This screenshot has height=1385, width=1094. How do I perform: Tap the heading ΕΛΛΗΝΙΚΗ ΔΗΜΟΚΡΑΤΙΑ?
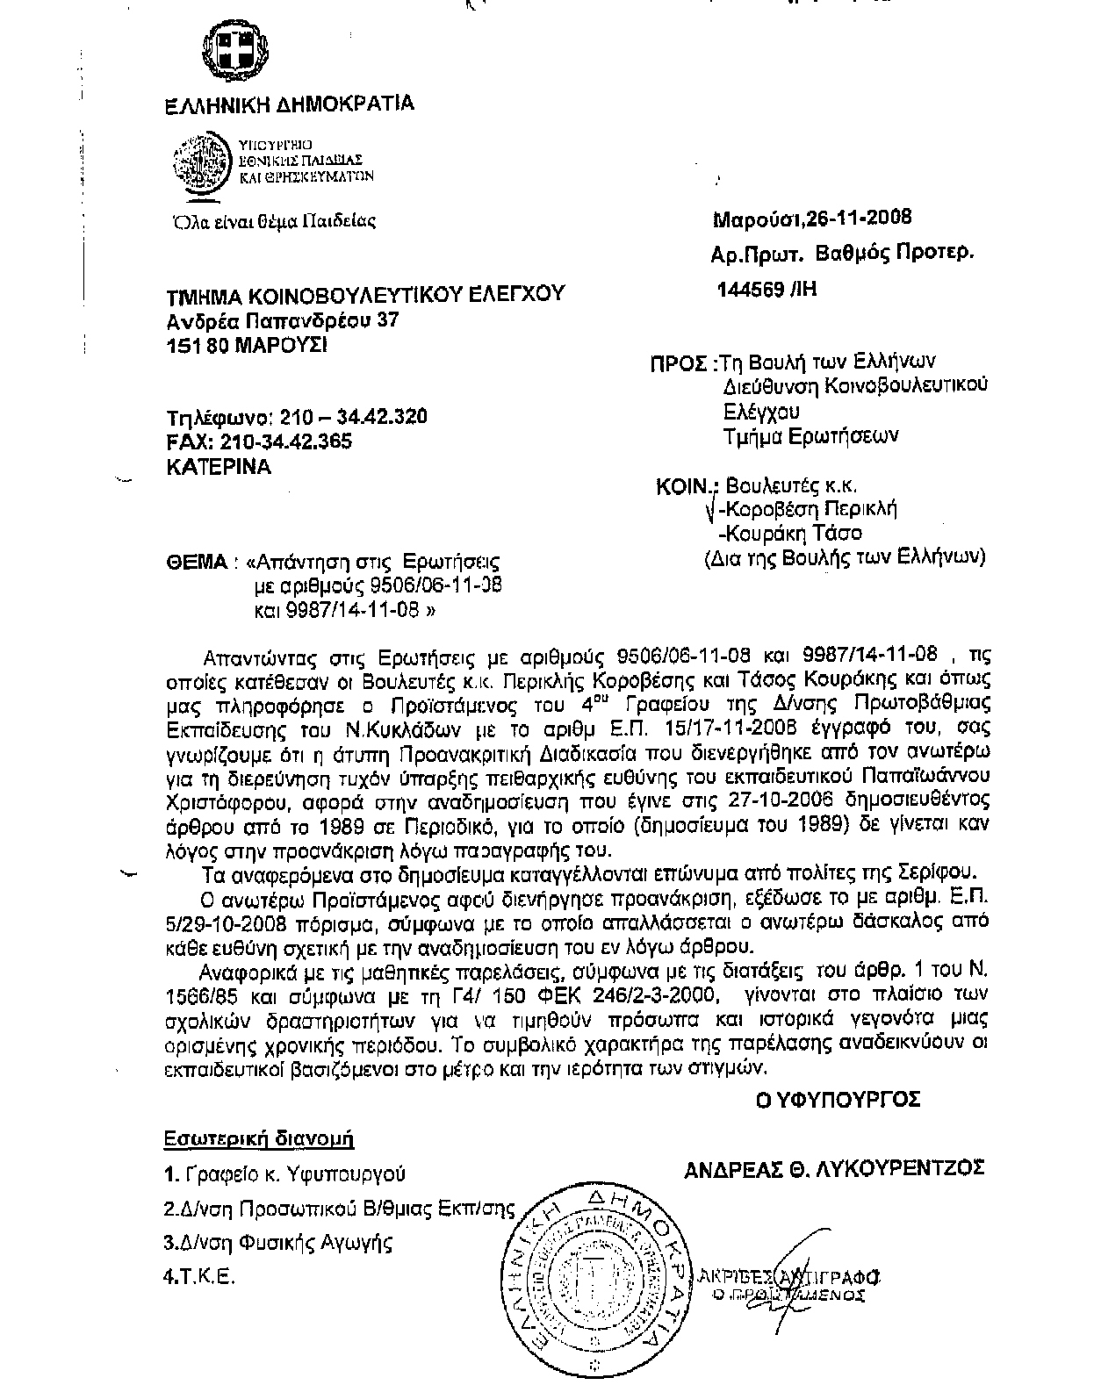pyautogui.click(x=290, y=104)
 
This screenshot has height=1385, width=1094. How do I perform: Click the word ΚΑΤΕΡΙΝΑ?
pyautogui.click(x=218, y=468)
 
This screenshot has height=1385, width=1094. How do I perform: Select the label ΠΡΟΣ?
pyautogui.click(x=679, y=362)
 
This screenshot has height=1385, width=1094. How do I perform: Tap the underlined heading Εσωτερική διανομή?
pyautogui.click(x=259, y=1139)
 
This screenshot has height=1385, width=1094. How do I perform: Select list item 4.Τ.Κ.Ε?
pyautogui.click(x=200, y=1278)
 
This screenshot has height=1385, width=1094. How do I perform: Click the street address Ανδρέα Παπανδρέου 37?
pyautogui.click(x=283, y=321)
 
